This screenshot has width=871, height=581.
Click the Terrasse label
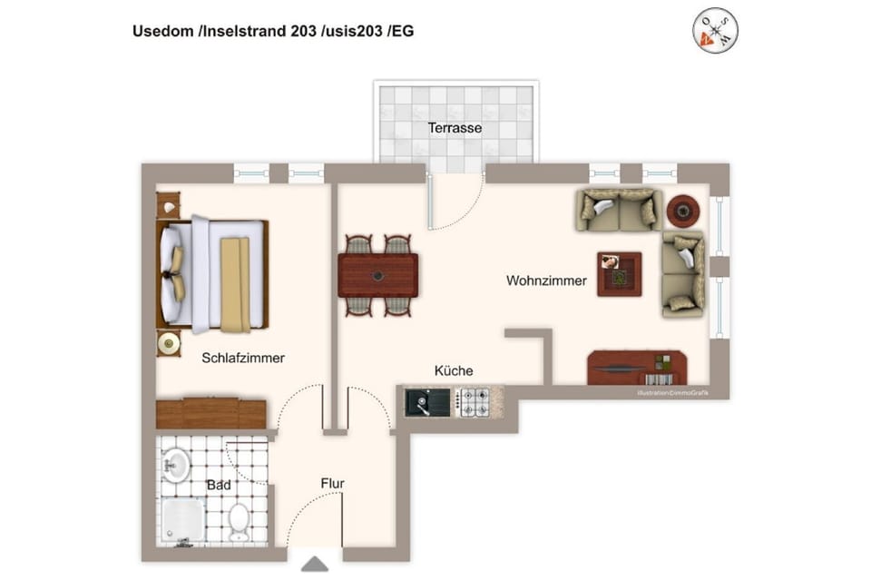455,128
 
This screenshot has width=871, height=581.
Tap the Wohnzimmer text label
546,281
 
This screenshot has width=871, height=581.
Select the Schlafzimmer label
243,358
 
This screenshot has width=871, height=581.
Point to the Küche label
454,370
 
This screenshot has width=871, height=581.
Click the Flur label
332,484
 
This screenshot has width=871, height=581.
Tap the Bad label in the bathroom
218,485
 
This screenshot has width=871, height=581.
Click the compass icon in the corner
715,31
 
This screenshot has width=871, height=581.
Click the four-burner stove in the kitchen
473,401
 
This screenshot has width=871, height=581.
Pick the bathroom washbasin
175,465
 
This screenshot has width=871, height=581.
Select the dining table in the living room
377,275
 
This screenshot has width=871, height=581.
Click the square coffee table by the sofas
619,273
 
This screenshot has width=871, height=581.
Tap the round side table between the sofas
683,212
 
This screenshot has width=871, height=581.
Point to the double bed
214,274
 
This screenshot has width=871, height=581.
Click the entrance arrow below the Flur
315,565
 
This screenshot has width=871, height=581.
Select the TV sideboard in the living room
636,369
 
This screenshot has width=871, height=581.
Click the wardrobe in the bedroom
210,413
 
